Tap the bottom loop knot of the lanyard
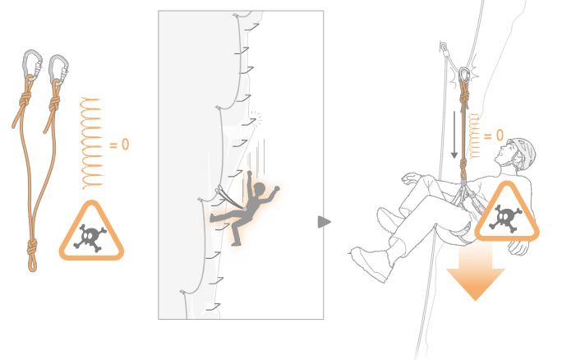click(32, 254)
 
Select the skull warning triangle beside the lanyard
click(91, 231)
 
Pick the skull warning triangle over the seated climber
click(506, 212)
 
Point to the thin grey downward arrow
click(454, 134)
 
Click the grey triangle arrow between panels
click(324, 222)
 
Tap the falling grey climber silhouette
click(247, 209)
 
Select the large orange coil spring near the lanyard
click(91, 143)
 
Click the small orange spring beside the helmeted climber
click(475, 136)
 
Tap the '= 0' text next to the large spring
click(119, 145)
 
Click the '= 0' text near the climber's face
click(494, 136)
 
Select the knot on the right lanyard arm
click(54, 103)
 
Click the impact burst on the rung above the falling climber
click(256, 118)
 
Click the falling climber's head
click(259, 188)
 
